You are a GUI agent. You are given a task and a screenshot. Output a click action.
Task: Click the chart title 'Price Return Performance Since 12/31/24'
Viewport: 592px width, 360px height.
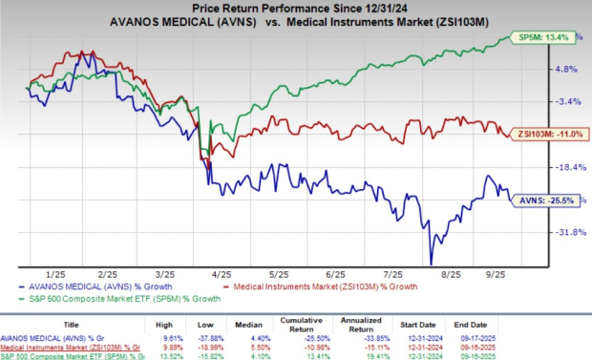coord(295,8)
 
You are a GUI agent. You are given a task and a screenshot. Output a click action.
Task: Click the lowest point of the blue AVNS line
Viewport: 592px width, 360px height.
coord(432,264)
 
